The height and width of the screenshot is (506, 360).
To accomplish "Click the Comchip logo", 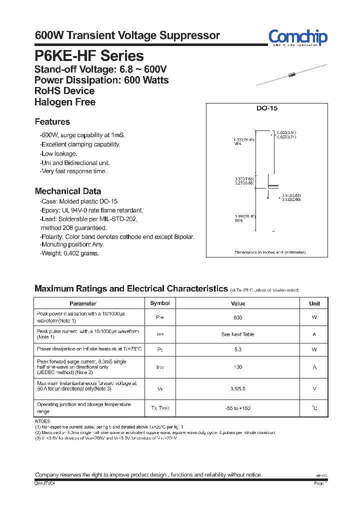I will pos(297,37).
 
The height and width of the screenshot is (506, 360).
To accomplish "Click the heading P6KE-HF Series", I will pos(89,56).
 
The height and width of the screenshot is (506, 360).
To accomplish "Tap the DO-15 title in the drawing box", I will pos(267,108).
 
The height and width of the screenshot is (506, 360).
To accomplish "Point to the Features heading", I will pos(52,122).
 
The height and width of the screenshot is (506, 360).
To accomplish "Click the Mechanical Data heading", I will pos(67,191).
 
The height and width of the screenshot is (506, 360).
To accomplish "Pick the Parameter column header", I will pos(83,303).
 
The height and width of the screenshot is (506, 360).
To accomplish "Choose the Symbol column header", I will pos(160,303).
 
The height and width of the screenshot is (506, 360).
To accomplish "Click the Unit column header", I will pos(314,303).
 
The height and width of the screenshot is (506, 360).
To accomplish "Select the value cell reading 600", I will pos(238,317).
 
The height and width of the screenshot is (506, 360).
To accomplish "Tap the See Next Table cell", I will pos(238,334).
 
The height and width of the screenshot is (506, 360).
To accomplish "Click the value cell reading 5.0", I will pos(238,350).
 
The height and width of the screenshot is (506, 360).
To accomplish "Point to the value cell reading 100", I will pos(238,367).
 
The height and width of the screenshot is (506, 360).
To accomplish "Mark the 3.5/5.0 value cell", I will pos(238,387).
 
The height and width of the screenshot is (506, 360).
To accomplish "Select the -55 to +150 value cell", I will pos(238,408).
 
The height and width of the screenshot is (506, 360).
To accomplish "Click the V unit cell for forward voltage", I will pos(314,387).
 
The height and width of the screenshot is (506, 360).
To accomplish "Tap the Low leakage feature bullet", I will pos(58,153).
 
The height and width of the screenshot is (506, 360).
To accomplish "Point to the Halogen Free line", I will pos(64,102).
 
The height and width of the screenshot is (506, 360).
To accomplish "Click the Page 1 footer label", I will pos(320,483).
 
